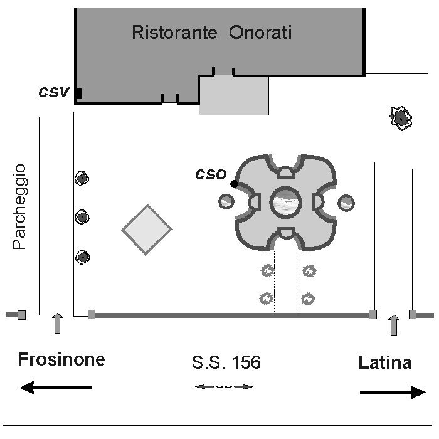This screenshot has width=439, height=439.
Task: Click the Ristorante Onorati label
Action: click(x=212, y=33)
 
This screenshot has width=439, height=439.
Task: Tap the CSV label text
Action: click(x=53, y=92)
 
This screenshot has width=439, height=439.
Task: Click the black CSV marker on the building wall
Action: click(x=79, y=93)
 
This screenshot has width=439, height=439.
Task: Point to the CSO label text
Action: click(x=210, y=174)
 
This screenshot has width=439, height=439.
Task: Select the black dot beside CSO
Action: click(x=234, y=184)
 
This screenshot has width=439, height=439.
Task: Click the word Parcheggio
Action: click(x=20, y=206)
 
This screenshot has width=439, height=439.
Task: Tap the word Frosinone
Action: click(x=61, y=360)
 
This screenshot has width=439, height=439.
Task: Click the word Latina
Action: click(x=385, y=362)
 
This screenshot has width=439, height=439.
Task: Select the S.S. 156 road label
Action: click(x=226, y=362)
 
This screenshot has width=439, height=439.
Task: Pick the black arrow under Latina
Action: click(x=393, y=393)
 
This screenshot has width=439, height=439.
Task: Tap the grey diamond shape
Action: click(x=147, y=230)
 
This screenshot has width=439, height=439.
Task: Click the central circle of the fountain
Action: click(x=286, y=202)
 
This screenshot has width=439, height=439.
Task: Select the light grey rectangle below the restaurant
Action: click(x=234, y=95)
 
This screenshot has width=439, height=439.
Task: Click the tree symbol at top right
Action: click(x=401, y=118)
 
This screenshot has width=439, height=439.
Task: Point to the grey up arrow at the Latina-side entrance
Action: click(x=394, y=325)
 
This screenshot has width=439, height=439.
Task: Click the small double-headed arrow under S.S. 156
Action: click(x=225, y=387)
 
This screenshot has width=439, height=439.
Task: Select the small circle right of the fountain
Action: click(x=346, y=203)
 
